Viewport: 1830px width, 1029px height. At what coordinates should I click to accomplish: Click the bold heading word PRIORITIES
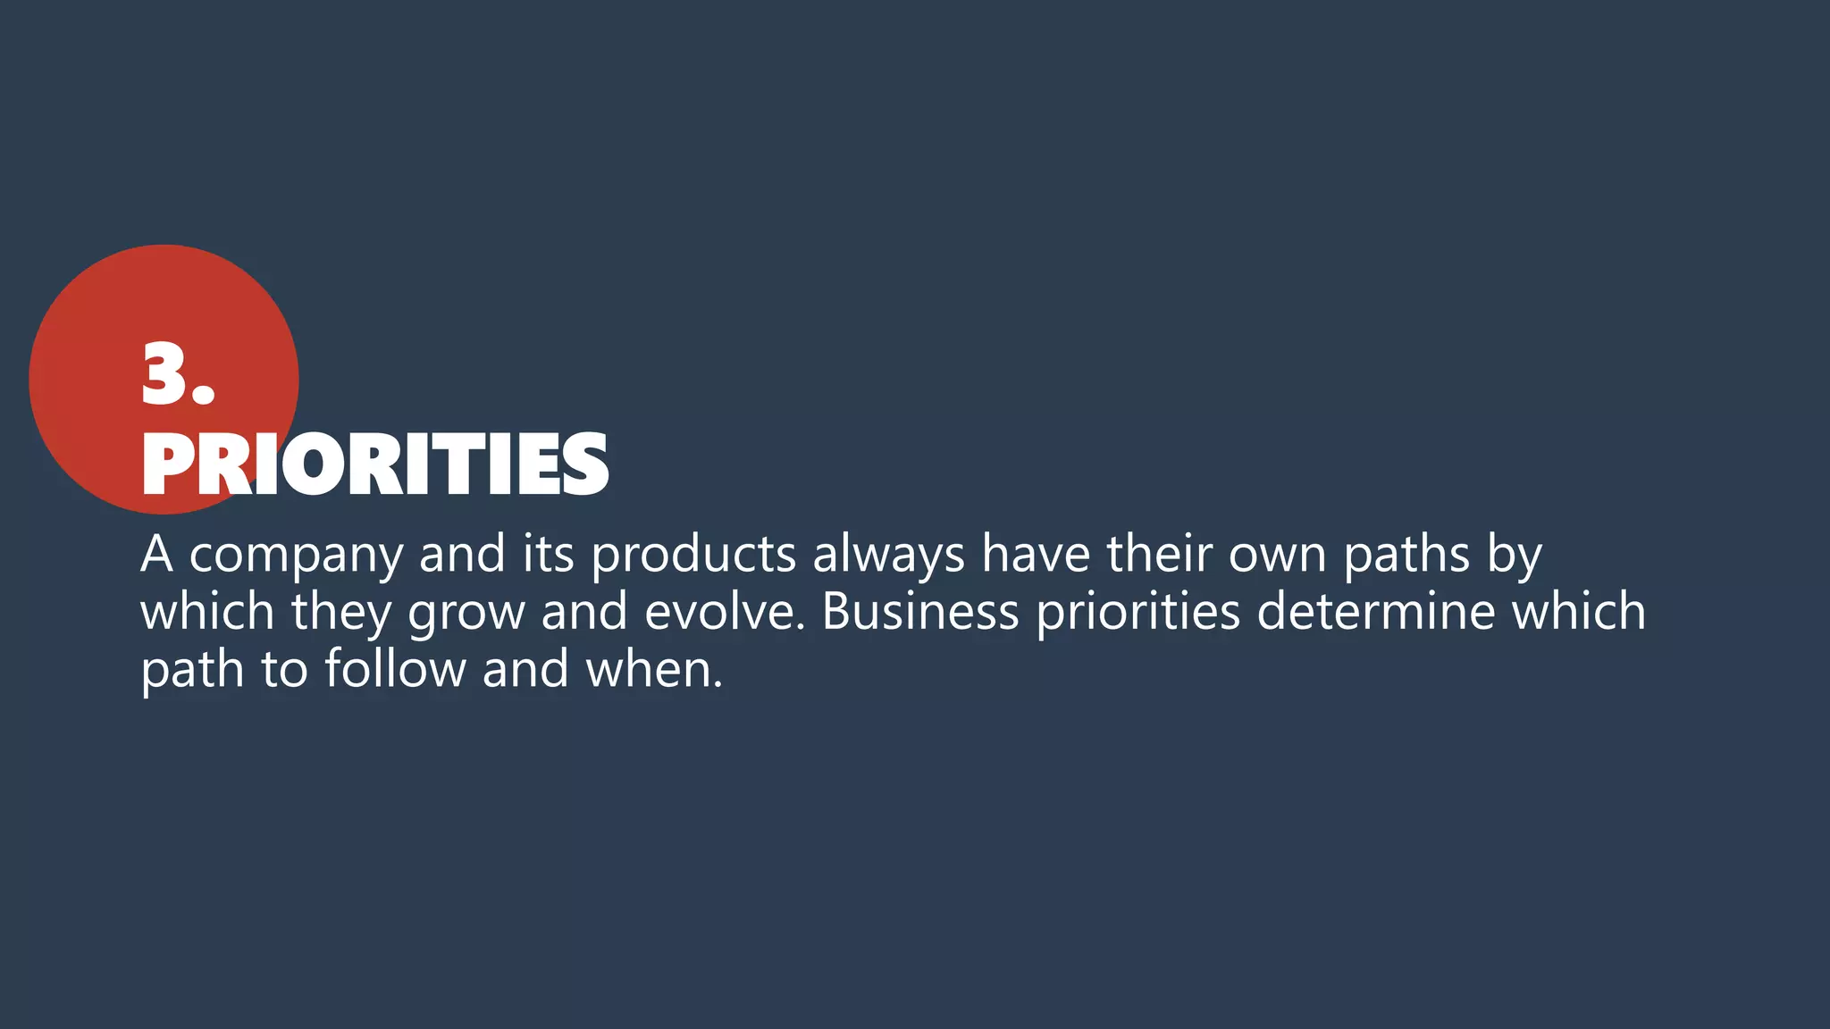(x=375, y=464)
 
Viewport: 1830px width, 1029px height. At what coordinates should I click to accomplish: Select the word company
(x=297, y=556)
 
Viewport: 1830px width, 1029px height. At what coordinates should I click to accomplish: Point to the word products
(x=693, y=554)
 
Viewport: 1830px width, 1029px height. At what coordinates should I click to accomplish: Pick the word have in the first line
(x=1036, y=554)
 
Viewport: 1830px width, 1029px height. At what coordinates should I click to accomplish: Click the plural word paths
(x=1406, y=556)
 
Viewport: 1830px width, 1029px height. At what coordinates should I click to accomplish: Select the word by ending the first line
(x=1515, y=556)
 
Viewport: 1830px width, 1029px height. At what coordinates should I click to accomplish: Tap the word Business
(x=920, y=612)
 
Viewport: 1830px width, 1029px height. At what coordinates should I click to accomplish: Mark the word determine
(x=1376, y=612)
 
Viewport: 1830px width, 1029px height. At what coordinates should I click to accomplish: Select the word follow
(x=395, y=669)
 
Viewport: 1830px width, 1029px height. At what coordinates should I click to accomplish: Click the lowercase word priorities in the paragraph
(x=1138, y=614)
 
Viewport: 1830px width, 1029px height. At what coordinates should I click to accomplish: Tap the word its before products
(x=548, y=554)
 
